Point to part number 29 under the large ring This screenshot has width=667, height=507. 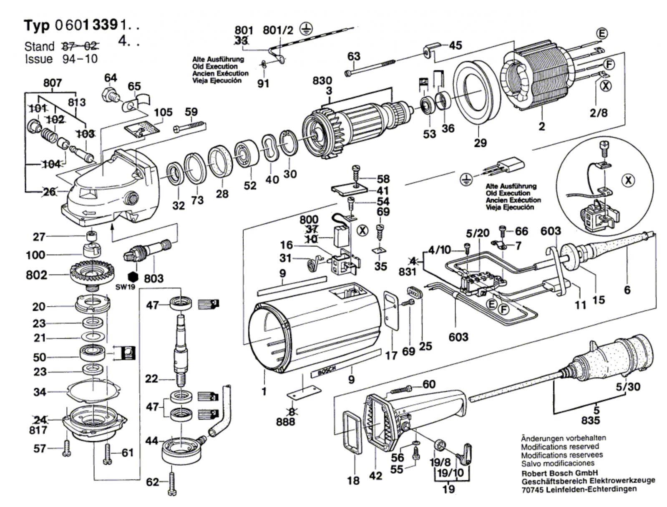480,143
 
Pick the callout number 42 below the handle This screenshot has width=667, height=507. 376,476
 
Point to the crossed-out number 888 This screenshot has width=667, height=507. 285,421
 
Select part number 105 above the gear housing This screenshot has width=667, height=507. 163,113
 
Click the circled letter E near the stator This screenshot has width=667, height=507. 602,34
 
